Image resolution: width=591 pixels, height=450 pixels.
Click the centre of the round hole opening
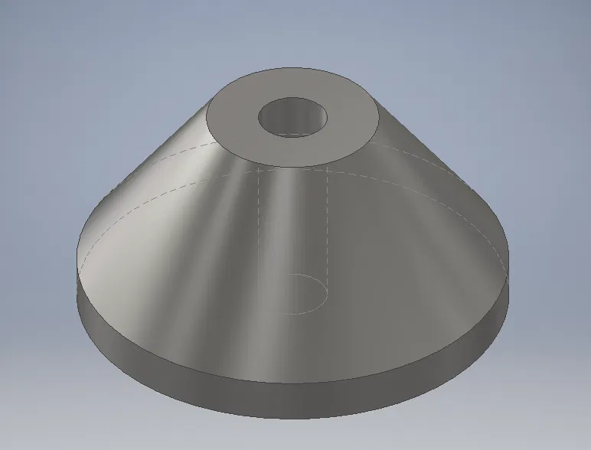[x=292, y=118]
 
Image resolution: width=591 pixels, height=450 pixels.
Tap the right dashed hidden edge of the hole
[x=328, y=230]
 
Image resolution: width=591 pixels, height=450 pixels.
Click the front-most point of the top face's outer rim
[x=294, y=166]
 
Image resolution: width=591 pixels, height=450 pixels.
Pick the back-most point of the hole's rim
[x=292, y=98]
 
